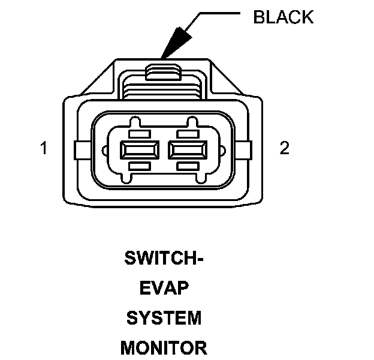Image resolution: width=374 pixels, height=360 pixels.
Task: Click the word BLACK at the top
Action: [x=283, y=17]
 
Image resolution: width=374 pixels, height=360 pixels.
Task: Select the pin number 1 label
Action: [x=44, y=148]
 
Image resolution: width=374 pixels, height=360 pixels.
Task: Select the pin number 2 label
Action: [x=284, y=148]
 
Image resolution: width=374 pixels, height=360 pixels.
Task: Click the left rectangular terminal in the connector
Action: [x=140, y=148]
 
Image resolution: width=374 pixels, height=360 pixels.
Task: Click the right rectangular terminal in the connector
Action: [x=189, y=148]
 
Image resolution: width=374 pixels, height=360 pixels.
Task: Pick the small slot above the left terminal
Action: [x=140, y=131]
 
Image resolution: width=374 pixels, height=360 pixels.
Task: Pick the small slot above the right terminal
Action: [x=189, y=131]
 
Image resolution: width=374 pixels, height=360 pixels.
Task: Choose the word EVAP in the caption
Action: [x=164, y=289]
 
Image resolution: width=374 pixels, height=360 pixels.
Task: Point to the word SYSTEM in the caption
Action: [x=164, y=318]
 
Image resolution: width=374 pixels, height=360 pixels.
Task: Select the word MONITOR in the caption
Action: [x=164, y=347]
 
